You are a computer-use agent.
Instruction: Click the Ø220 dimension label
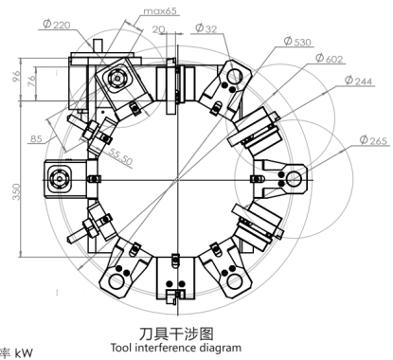click(57, 24)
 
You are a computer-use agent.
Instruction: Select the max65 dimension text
click(160, 11)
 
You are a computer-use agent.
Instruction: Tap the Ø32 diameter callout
click(206, 28)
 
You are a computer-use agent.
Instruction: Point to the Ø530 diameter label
click(297, 42)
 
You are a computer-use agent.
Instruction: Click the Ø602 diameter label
click(329, 59)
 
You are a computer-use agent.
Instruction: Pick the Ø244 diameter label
click(358, 81)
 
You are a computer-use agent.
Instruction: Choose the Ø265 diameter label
click(373, 139)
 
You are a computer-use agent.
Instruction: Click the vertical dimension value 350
click(16, 191)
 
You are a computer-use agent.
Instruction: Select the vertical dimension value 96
click(16, 76)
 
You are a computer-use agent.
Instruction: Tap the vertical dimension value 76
click(31, 81)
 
